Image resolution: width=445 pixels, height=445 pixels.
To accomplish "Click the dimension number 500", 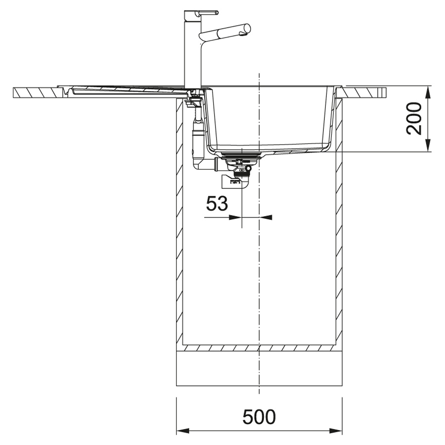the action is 259,417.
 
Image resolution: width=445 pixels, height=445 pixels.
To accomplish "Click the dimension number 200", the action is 414,119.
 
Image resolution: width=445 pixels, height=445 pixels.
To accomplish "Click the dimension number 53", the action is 217,204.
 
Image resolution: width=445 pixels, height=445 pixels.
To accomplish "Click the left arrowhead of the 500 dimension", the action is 183,431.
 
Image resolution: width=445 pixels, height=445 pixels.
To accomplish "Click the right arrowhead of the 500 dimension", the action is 336,431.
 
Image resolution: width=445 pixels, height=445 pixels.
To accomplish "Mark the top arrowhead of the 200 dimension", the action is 428,92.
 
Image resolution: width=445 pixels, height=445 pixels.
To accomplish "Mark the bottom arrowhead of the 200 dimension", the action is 428,145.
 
